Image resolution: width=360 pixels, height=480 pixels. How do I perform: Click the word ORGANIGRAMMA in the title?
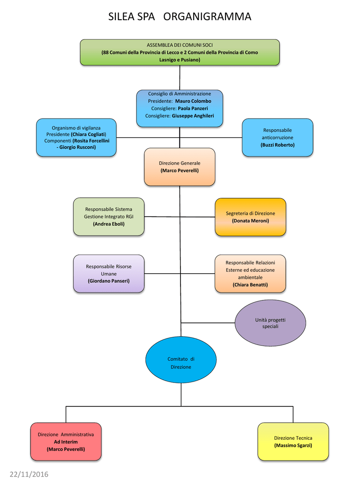(207, 16)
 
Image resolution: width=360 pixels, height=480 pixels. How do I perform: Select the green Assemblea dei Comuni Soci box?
(180, 52)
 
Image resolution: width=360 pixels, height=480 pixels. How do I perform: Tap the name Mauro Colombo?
(193, 101)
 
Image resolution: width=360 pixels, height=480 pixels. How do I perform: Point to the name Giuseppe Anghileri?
(193, 116)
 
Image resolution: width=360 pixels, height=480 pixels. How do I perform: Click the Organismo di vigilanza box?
(76, 137)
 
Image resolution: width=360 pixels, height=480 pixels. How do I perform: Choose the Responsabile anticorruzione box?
(277, 137)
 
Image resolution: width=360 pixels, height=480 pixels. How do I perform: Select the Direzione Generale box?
(180, 167)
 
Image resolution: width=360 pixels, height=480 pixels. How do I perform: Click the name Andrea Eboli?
(109, 224)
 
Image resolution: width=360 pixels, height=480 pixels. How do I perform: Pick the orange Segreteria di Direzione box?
(250, 217)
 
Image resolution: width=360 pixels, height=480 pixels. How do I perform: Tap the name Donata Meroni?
(250, 221)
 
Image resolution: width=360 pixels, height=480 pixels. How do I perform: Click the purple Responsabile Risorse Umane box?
(109, 274)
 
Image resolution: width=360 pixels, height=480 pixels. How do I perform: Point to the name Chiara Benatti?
(250, 285)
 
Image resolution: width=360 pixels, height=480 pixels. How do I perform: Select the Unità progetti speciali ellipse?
(270, 323)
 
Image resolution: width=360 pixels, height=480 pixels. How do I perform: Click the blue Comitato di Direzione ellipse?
(181, 360)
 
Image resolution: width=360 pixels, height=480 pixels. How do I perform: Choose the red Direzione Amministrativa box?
(66, 442)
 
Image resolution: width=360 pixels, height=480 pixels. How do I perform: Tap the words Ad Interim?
(66, 442)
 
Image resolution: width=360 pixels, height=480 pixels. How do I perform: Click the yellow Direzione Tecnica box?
(293, 442)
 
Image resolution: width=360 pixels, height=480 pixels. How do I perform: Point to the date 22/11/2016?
(29, 474)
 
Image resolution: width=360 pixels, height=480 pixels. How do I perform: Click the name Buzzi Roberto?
(277, 145)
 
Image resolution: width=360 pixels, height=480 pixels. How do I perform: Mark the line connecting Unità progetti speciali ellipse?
(208, 323)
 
